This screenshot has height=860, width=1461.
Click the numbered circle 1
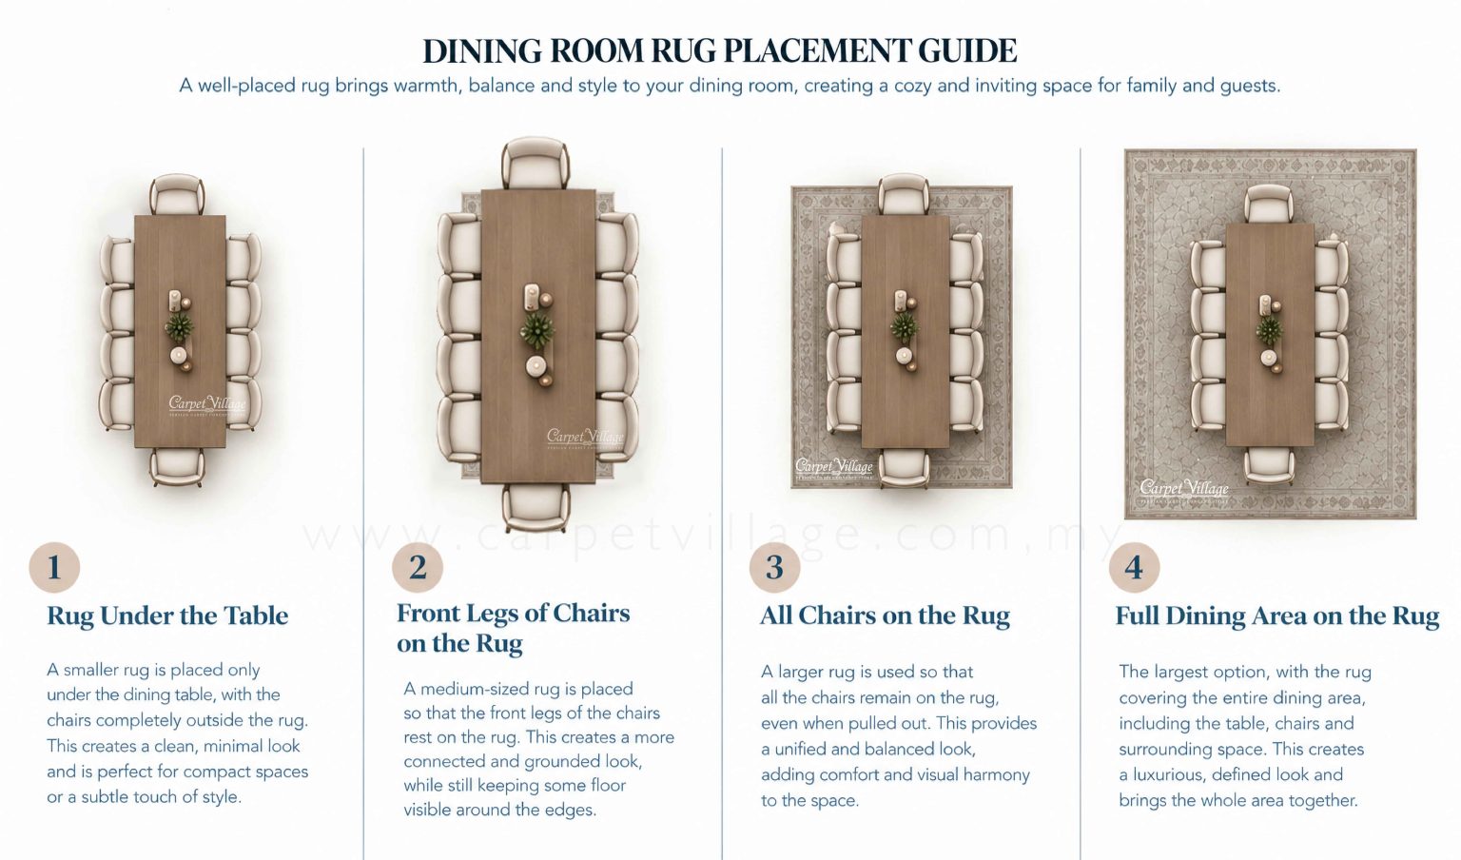[54, 567]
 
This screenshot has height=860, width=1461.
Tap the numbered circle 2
[418, 567]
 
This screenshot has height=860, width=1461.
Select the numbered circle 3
[775, 567]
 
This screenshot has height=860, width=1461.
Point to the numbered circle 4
[1134, 567]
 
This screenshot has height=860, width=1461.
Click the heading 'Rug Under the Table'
[167, 616]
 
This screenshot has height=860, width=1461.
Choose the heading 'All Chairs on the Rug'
[886, 616]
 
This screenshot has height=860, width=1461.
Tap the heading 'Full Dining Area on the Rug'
[1277, 616]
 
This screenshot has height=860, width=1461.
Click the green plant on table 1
[179, 326]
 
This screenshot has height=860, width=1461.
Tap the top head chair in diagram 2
[536, 163]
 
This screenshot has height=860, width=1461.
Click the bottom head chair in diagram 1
[177, 467]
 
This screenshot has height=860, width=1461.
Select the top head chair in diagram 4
[1269, 205]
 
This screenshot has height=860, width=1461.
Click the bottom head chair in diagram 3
[904, 468]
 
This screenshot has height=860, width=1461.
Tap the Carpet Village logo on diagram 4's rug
[1184, 490]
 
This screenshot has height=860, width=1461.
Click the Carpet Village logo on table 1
[207, 405]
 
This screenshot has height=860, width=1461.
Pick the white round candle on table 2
[536, 366]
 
